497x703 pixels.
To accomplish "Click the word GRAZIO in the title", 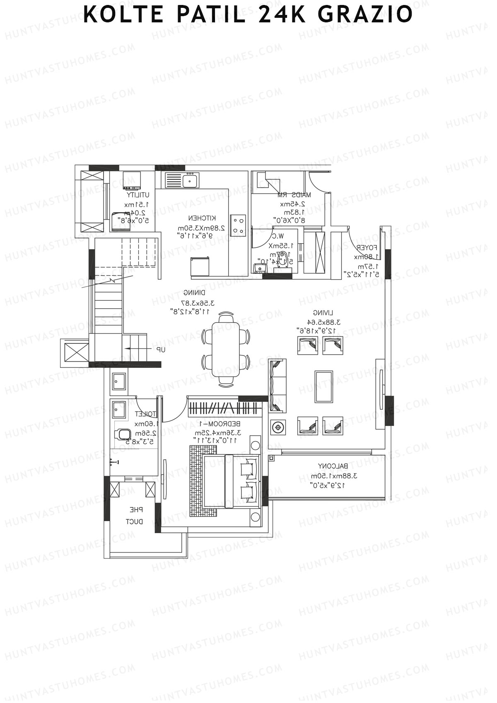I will (x=365, y=15).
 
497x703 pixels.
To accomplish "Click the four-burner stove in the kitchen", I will (x=238, y=225).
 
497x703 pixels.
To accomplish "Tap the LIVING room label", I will (x=323, y=313).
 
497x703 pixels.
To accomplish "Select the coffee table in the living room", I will (x=323, y=387).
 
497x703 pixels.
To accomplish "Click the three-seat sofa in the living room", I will (x=277, y=386).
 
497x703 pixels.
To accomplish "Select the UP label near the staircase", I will (x=161, y=350).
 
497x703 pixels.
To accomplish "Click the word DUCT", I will (x=135, y=522).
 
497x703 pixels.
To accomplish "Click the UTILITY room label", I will (x=138, y=195).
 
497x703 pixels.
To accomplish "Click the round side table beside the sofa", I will (x=277, y=426).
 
